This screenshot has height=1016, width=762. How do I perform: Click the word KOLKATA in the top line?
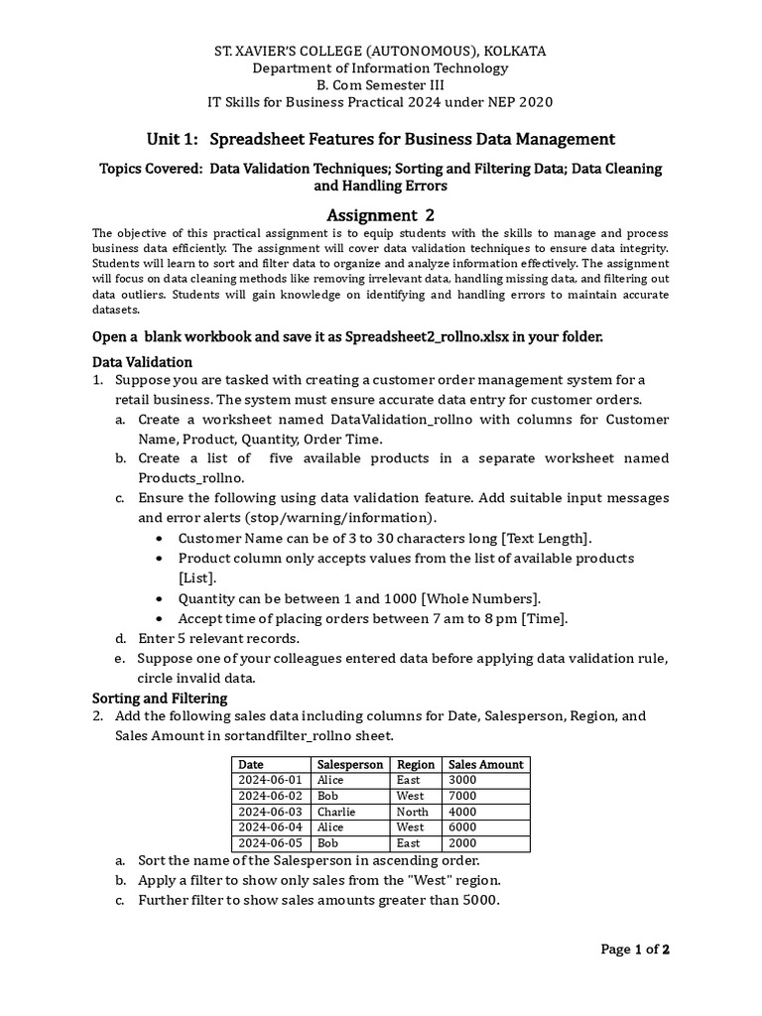click(x=509, y=51)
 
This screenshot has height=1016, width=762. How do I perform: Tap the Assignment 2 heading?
click(x=381, y=215)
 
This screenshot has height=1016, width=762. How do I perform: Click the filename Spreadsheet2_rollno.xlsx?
click(x=429, y=336)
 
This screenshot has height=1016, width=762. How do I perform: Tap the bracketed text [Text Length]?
click(x=547, y=538)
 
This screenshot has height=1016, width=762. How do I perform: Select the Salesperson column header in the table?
click(x=349, y=764)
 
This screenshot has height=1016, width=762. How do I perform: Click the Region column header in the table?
click(x=416, y=764)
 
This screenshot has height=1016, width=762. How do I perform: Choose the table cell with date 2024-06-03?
click(x=271, y=812)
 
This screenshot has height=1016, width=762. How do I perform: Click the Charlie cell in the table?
click(x=336, y=812)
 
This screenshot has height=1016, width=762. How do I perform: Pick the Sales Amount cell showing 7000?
click(x=463, y=796)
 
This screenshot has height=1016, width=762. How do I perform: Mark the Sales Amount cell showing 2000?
click(x=463, y=843)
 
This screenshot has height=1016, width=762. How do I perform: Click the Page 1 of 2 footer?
click(x=636, y=950)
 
